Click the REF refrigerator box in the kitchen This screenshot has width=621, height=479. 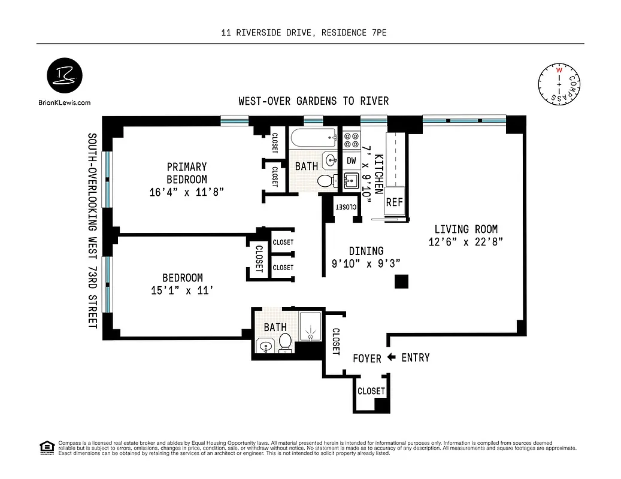(x=395, y=202)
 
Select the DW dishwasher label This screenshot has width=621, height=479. (x=352, y=160)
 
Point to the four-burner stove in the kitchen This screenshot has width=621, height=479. (x=351, y=141)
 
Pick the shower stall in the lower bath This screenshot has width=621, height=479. (x=310, y=327)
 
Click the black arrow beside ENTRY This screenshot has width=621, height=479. (x=392, y=357)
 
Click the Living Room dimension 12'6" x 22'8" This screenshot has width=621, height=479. (x=465, y=242)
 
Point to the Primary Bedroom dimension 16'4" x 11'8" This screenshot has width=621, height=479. (x=186, y=192)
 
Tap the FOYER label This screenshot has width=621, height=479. (x=366, y=359)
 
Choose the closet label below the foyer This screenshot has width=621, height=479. (x=371, y=391)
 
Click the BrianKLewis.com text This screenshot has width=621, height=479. (x=63, y=102)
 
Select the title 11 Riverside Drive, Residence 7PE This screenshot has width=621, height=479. (x=304, y=34)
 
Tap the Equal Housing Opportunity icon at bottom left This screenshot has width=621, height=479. (x=46, y=447)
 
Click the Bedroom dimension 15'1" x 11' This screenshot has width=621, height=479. (x=182, y=291)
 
